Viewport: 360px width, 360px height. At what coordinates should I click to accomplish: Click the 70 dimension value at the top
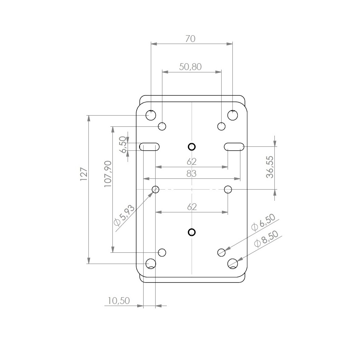[x=190, y=39]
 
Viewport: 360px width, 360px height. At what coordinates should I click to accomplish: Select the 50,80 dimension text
[x=190, y=67]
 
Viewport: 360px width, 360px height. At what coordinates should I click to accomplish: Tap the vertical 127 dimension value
[x=84, y=174]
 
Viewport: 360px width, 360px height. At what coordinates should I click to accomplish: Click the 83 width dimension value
[x=192, y=174]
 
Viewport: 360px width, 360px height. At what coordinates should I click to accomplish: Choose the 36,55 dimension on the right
[x=270, y=167]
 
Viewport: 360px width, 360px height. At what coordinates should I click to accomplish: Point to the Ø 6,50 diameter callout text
[x=263, y=222]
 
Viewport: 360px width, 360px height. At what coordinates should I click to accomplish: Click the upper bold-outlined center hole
[x=192, y=147]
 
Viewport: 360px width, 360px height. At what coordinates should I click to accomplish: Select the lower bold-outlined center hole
[x=192, y=232]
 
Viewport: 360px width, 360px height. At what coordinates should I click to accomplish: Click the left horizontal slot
[x=150, y=147]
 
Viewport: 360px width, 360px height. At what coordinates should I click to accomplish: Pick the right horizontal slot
[x=234, y=147]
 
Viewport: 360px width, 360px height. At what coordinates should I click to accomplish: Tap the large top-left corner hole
[x=151, y=115]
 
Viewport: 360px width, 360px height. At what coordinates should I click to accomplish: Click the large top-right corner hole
[x=233, y=115]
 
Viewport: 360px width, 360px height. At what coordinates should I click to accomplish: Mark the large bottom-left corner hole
[x=151, y=264]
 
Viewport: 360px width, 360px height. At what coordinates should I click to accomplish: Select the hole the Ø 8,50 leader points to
[x=233, y=264]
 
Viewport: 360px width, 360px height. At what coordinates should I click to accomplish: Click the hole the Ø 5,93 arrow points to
[x=156, y=189]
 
